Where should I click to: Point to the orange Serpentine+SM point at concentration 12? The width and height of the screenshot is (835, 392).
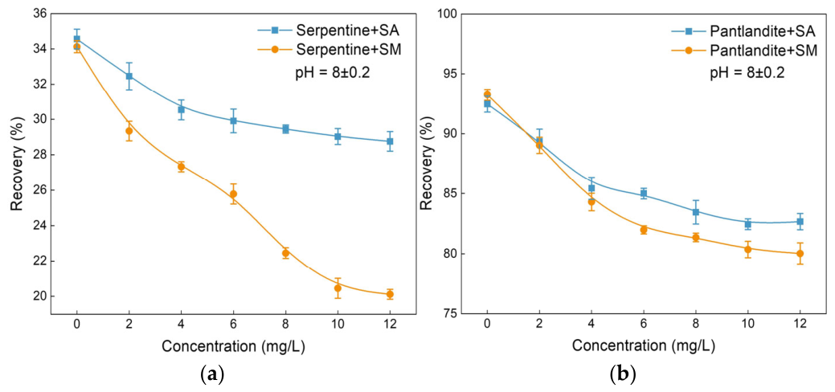390,294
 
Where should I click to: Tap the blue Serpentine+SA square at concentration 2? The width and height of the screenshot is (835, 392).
129,76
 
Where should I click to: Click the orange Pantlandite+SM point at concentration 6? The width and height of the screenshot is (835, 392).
643,230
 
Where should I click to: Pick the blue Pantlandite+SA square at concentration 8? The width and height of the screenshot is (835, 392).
695,212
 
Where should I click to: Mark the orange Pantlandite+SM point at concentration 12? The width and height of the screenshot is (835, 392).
800,254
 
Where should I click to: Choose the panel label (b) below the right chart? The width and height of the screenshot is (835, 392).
622,374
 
